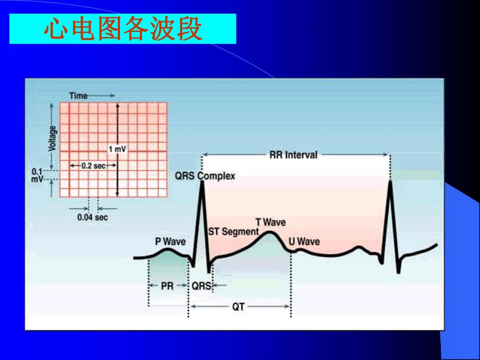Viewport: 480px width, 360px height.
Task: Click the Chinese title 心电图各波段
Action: pyautogui.click(x=123, y=29)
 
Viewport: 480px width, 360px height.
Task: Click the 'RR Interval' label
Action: pyautogui.click(x=293, y=155)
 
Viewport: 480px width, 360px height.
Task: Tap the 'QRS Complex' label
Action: pyautogui.click(x=205, y=176)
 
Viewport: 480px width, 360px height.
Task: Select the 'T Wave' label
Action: pyautogui.click(x=270, y=222)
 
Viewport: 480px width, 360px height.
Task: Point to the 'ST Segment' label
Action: pyautogui.click(x=233, y=232)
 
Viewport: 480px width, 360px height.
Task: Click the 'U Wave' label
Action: pyautogui.click(x=304, y=242)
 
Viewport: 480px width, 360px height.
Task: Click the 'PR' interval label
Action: pyautogui.click(x=167, y=286)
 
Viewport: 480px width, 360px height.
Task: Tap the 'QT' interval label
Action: pyautogui.click(x=238, y=307)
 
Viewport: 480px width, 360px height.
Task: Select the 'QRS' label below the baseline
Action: pyautogui.click(x=201, y=286)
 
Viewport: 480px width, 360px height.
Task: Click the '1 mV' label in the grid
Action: pyautogui.click(x=117, y=149)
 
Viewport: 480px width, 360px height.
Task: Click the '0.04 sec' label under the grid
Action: pyautogui.click(x=92, y=217)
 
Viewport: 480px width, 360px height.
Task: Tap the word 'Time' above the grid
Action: pyautogui.click(x=78, y=96)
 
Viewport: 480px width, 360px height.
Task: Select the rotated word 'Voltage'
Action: pyautogui.click(x=52, y=138)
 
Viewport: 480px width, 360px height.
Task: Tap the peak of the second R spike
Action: pyautogui.click(x=390, y=181)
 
